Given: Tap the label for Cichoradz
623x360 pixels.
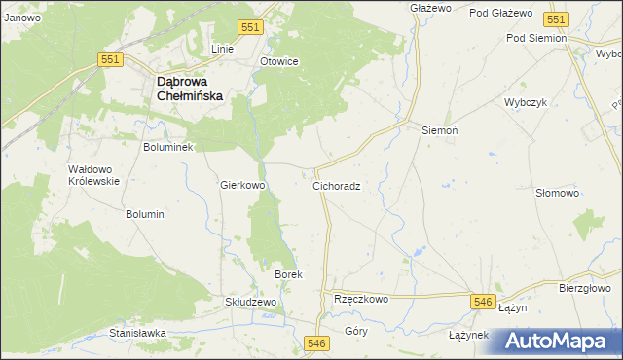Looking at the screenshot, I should pyautogui.click(x=337, y=185).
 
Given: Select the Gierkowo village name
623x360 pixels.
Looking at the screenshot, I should pyautogui.click(x=243, y=184).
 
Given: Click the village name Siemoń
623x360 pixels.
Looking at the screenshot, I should pyautogui.click(x=439, y=129).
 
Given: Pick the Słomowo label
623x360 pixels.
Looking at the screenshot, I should pyautogui.click(x=558, y=193).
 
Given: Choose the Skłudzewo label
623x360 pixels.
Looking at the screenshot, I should pyautogui.click(x=251, y=302).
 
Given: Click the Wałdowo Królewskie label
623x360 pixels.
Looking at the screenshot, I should pyautogui.click(x=93, y=175).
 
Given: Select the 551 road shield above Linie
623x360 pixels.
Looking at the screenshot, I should pyautogui.click(x=249, y=28).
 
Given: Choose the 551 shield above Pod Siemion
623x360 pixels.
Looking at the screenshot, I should pyautogui.click(x=556, y=19).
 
